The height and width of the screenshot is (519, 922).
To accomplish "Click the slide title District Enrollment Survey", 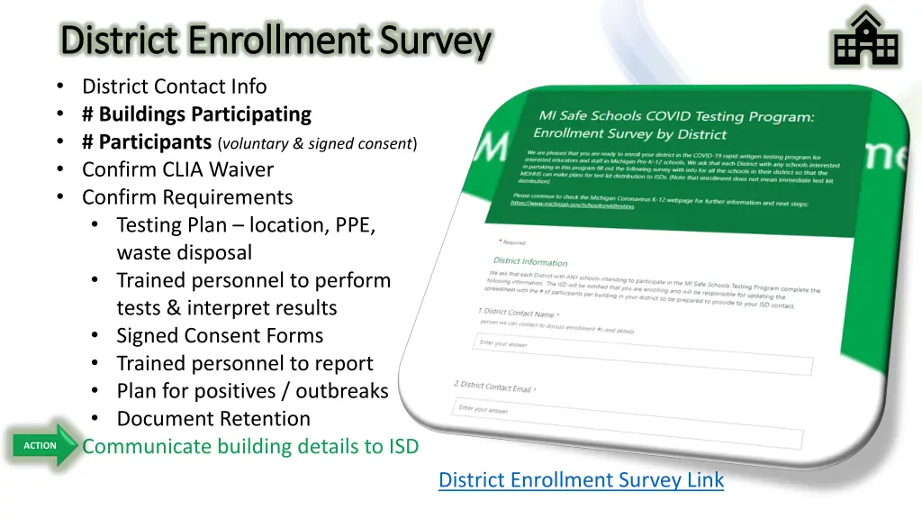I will click(x=276, y=41).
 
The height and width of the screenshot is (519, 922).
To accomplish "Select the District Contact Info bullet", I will click(x=174, y=86).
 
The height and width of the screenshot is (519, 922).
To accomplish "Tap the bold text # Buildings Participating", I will click(x=195, y=114).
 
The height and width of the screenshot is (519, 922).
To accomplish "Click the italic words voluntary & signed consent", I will click(x=316, y=143).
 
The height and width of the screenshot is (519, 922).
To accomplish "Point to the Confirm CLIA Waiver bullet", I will click(x=177, y=169).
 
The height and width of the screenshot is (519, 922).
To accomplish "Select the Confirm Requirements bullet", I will click(x=187, y=197).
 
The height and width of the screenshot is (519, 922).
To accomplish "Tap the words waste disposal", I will click(x=184, y=253).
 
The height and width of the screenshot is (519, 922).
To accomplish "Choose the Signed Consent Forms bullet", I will click(x=220, y=336).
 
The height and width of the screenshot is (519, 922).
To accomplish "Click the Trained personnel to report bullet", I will click(x=244, y=364).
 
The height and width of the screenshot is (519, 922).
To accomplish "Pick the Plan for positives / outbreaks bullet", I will click(x=252, y=392).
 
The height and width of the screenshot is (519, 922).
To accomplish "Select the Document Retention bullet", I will click(x=213, y=420).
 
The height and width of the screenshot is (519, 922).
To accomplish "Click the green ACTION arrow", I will click(x=43, y=445).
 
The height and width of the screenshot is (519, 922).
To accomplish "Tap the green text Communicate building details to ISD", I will click(x=250, y=447).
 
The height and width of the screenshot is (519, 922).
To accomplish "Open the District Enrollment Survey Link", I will click(x=581, y=480).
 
